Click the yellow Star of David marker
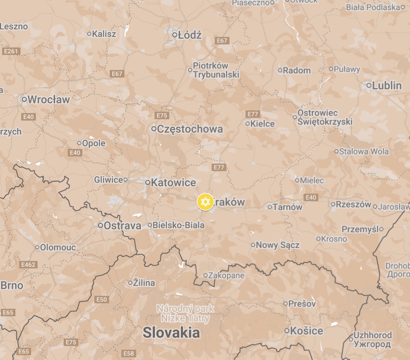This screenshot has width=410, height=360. coord(205,202)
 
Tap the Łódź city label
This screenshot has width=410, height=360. coord(190,35)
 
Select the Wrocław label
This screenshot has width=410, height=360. coord(49,100)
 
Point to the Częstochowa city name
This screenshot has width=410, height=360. coord(190,129)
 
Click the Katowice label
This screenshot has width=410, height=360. coord(173,182)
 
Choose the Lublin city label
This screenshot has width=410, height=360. coord(387,85)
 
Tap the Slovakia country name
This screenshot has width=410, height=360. coord(171,332)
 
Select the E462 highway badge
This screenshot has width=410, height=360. coord(28,265)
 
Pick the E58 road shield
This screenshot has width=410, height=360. coord(129,353)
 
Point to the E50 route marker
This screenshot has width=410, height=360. coord(102,300)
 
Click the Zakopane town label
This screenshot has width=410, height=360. coord(226,275)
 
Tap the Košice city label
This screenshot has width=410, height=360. coord(306,331)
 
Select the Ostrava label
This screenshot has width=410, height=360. coord(122,226)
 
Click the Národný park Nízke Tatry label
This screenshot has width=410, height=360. coord(185,314)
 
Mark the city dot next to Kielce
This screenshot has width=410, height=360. coord(248,124)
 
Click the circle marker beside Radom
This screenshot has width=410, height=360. coord(280,71)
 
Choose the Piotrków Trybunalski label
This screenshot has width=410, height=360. coord(216,70)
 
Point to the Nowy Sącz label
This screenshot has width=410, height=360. coord(277,245)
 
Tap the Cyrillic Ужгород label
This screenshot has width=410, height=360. coord(372,344)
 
